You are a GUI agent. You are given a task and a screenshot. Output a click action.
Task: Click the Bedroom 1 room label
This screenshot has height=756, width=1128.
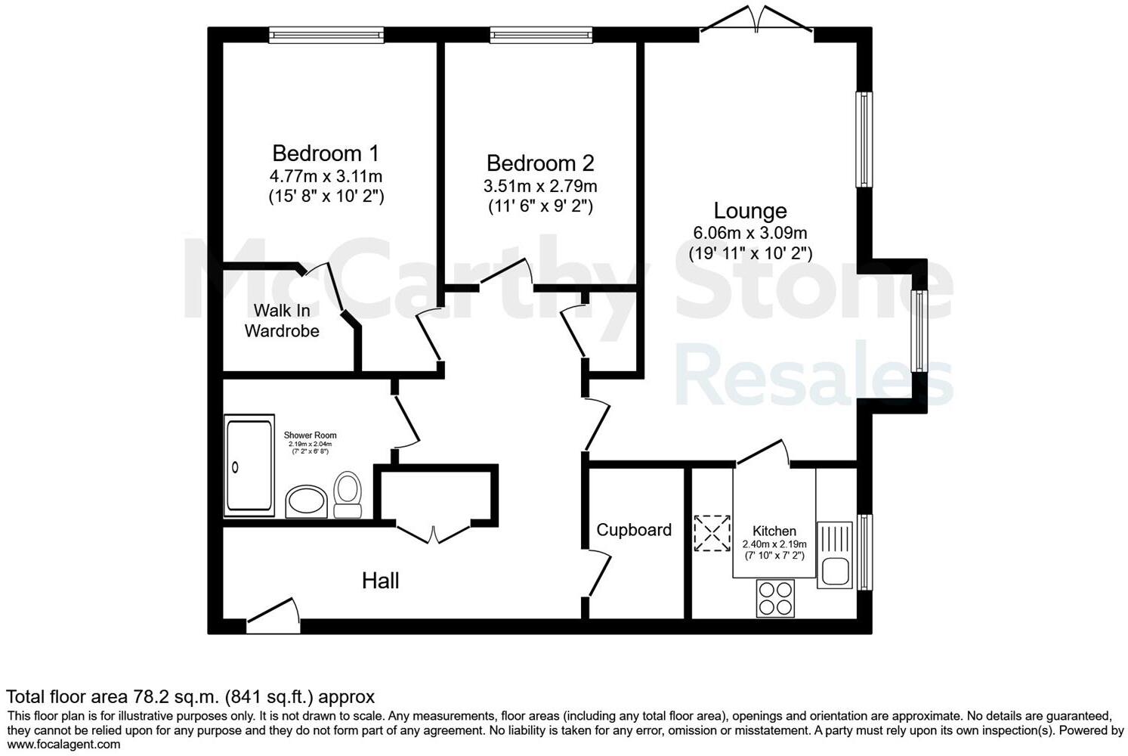(325, 153)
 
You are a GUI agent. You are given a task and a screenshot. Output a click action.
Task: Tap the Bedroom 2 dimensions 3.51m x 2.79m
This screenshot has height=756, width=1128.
(540, 186)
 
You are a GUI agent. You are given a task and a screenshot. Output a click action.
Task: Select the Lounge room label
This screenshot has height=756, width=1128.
(750, 211)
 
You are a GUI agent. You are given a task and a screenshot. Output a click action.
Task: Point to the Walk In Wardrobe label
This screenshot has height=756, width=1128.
(281, 321)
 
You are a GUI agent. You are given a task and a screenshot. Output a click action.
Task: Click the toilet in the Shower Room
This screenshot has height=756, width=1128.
(348, 494)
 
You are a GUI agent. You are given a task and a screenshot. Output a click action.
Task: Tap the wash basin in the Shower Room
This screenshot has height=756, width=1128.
(306, 501)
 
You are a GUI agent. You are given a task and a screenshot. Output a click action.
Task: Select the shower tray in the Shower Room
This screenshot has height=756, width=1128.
(249, 466)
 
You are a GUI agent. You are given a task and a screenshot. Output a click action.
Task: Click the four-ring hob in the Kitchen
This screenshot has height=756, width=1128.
(775, 598)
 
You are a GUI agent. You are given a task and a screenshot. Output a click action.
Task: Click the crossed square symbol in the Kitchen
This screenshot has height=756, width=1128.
(712, 533)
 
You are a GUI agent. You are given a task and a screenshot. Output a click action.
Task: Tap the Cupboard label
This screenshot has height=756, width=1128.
(634, 530)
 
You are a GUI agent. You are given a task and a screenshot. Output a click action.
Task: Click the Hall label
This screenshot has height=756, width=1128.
(380, 581)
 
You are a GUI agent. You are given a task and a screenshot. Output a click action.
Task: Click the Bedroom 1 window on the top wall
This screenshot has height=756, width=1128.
(326, 35)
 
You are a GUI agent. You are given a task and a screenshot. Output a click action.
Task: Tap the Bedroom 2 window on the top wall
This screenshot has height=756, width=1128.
(540, 35)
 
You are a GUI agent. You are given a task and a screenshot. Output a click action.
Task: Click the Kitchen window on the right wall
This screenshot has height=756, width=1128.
(864, 553)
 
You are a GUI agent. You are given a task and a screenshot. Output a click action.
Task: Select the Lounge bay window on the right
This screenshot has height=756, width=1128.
(919, 331)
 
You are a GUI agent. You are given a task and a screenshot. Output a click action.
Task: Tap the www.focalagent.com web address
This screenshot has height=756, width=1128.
(63, 745)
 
